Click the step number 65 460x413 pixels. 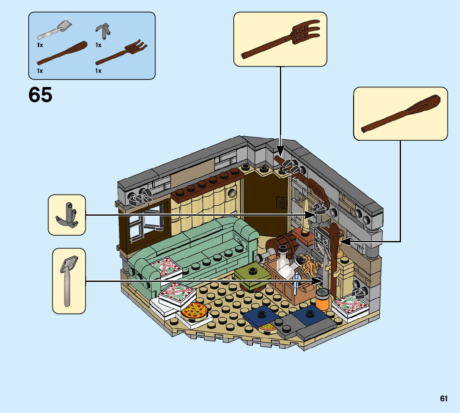click(40, 95)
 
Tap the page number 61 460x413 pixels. click(444, 399)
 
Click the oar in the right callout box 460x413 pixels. click(400, 114)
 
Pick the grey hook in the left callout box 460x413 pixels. click(67, 215)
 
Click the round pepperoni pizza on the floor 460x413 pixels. click(194, 311)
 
